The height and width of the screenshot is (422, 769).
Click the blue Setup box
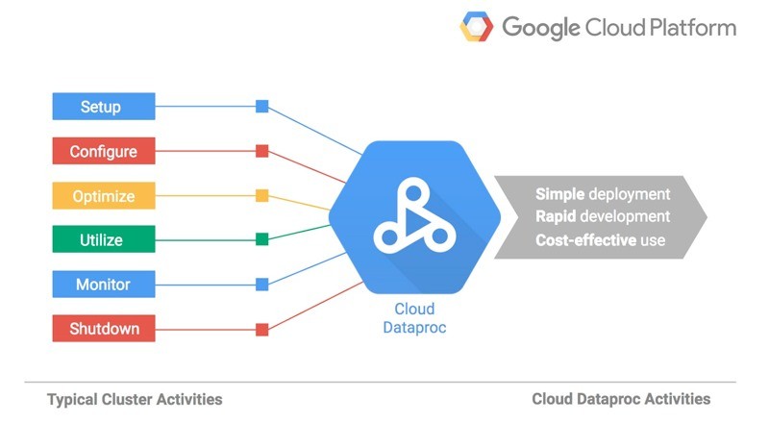(104, 106)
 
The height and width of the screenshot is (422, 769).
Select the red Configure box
(104, 151)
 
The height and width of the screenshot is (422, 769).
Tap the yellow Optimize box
(104, 195)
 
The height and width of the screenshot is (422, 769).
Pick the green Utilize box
(104, 239)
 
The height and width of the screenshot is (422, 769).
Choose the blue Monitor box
(104, 285)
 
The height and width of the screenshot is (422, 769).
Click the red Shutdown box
(104, 329)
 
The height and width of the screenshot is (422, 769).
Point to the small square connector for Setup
(261, 106)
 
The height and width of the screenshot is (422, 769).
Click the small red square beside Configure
(261, 151)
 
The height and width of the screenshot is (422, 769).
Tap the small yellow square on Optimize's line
(261, 195)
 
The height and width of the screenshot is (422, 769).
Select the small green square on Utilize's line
(261, 239)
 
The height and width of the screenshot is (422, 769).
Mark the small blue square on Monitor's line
(261, 285)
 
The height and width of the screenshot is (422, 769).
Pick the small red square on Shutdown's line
(261, 330)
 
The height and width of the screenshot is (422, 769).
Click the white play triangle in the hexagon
(416, 223)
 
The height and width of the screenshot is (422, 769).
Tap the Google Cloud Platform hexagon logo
(476, 27)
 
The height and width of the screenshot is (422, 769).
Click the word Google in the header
(541, 28)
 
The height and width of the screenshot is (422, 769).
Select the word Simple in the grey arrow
(559, 194)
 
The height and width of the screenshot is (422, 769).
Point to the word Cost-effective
(585, 240)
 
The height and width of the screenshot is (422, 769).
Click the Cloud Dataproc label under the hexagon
(414, 318)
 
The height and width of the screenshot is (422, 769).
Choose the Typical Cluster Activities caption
(135, 400)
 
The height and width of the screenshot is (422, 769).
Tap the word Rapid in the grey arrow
(556, 217)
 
